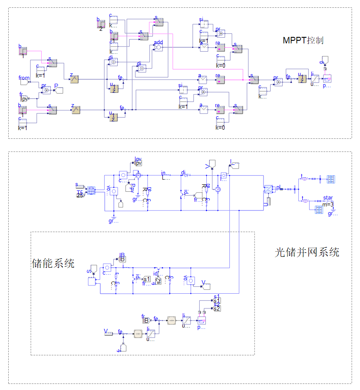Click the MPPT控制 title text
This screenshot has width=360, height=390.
point(303,40)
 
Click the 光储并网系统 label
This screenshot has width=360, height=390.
point(307,252)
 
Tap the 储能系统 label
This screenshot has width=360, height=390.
point(53,263)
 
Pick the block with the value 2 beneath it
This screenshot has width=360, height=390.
point(101,24)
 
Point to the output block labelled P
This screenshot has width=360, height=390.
point(59,90)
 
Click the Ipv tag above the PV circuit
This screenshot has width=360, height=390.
point(138,162)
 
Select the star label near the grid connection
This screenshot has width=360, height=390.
point(328,198)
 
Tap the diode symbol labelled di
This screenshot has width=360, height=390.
point(187,176)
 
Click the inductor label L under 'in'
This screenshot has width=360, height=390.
point(164,177)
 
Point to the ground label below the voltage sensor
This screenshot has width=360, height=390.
point(113,221)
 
